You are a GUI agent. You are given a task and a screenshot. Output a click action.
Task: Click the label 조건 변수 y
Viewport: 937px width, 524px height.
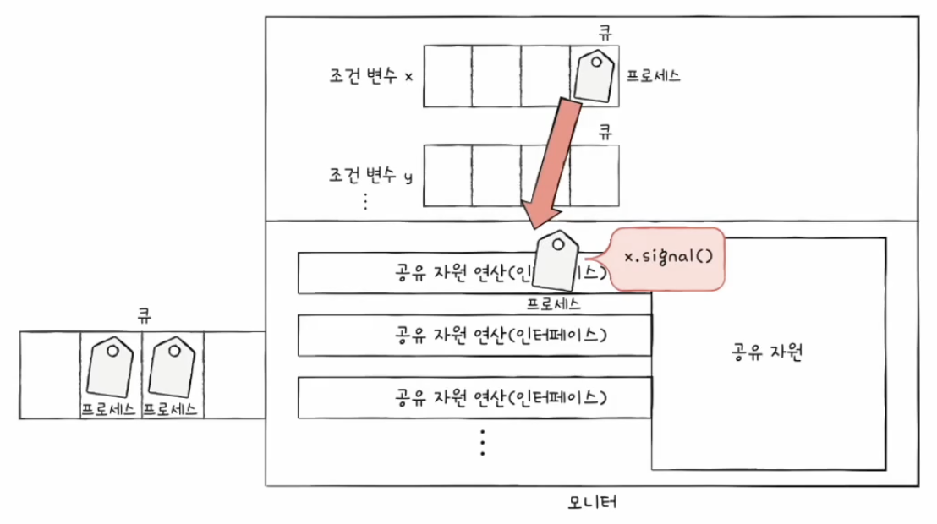tap(370, 176)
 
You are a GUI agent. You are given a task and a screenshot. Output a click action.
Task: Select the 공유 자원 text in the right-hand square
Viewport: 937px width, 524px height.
tap(766, 352)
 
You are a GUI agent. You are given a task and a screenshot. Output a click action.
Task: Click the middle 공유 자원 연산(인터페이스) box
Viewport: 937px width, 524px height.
tap(474, 335)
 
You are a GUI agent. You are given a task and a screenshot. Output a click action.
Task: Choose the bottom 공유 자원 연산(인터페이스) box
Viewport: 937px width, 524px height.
tap(474, 397)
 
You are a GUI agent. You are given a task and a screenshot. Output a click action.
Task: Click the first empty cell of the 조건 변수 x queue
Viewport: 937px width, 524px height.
tap(447, 76)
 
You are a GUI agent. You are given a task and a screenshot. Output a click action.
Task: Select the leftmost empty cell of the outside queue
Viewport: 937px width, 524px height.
tap(49, 375)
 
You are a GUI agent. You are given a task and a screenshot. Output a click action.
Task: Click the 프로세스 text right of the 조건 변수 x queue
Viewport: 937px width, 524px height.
tap(653, 76)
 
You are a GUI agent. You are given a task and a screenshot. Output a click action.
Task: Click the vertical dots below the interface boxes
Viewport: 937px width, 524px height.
tap(482, 442)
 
